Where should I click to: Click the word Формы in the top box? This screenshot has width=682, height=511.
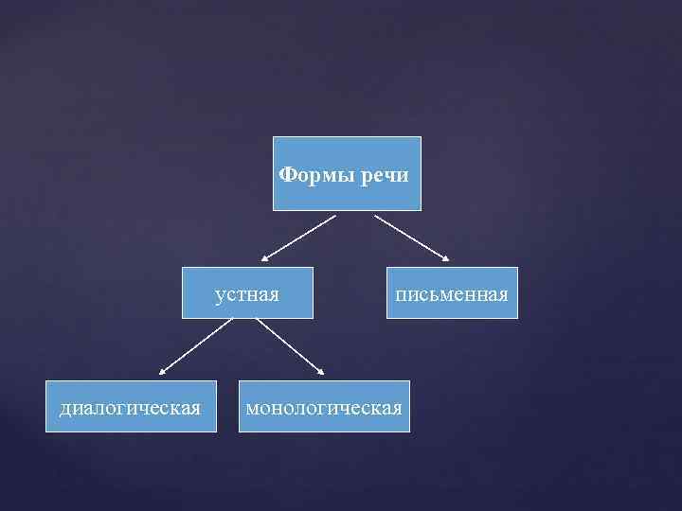[x=317, y=175]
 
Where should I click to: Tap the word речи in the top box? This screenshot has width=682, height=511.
[x=385, y=175]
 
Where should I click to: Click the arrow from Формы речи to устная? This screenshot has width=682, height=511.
[x=299, y=237]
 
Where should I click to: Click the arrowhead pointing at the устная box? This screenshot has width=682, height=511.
[x=266, y=257]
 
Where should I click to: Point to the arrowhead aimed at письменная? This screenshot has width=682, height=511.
[x=447, y=257]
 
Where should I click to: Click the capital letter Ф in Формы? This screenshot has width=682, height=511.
[x=287, y=175]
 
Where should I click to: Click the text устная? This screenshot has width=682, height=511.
[x=247, y=294]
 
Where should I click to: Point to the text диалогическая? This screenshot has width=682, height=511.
[x=130, y=408]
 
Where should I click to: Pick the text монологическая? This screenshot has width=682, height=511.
[x=324, y=408]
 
